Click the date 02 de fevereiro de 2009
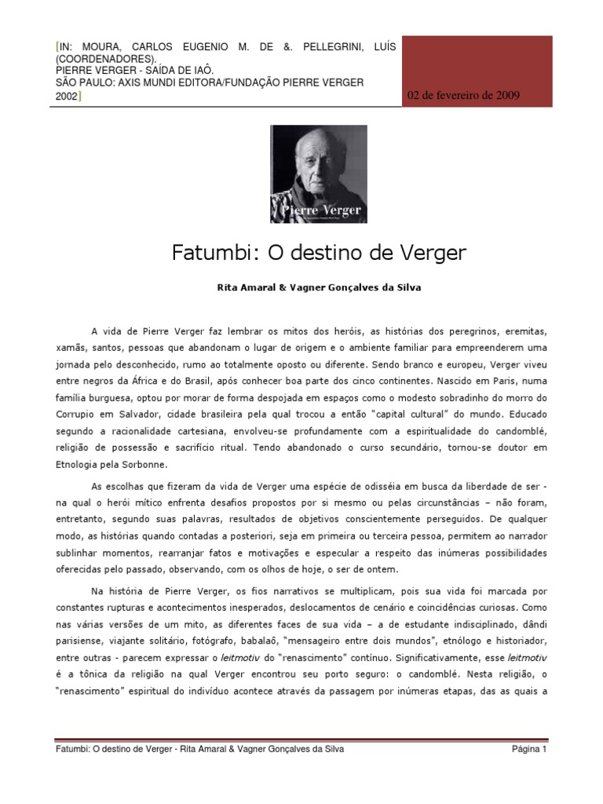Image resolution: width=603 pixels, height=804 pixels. pyautogui.click(x=462, y=95)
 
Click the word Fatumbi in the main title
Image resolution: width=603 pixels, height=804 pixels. pyautogui.click(x=204, y=254)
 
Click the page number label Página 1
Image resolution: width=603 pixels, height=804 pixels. pyautogui.click(x=529, y=749)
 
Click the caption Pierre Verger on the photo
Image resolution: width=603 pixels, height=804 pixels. pyautogui.click(x=318, y=210)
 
